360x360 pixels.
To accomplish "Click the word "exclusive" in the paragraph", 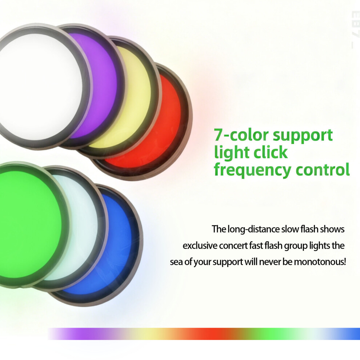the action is (200, 246).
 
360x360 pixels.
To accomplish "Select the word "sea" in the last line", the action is (176, 262).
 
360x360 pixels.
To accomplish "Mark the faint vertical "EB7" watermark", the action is (355, 30).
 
